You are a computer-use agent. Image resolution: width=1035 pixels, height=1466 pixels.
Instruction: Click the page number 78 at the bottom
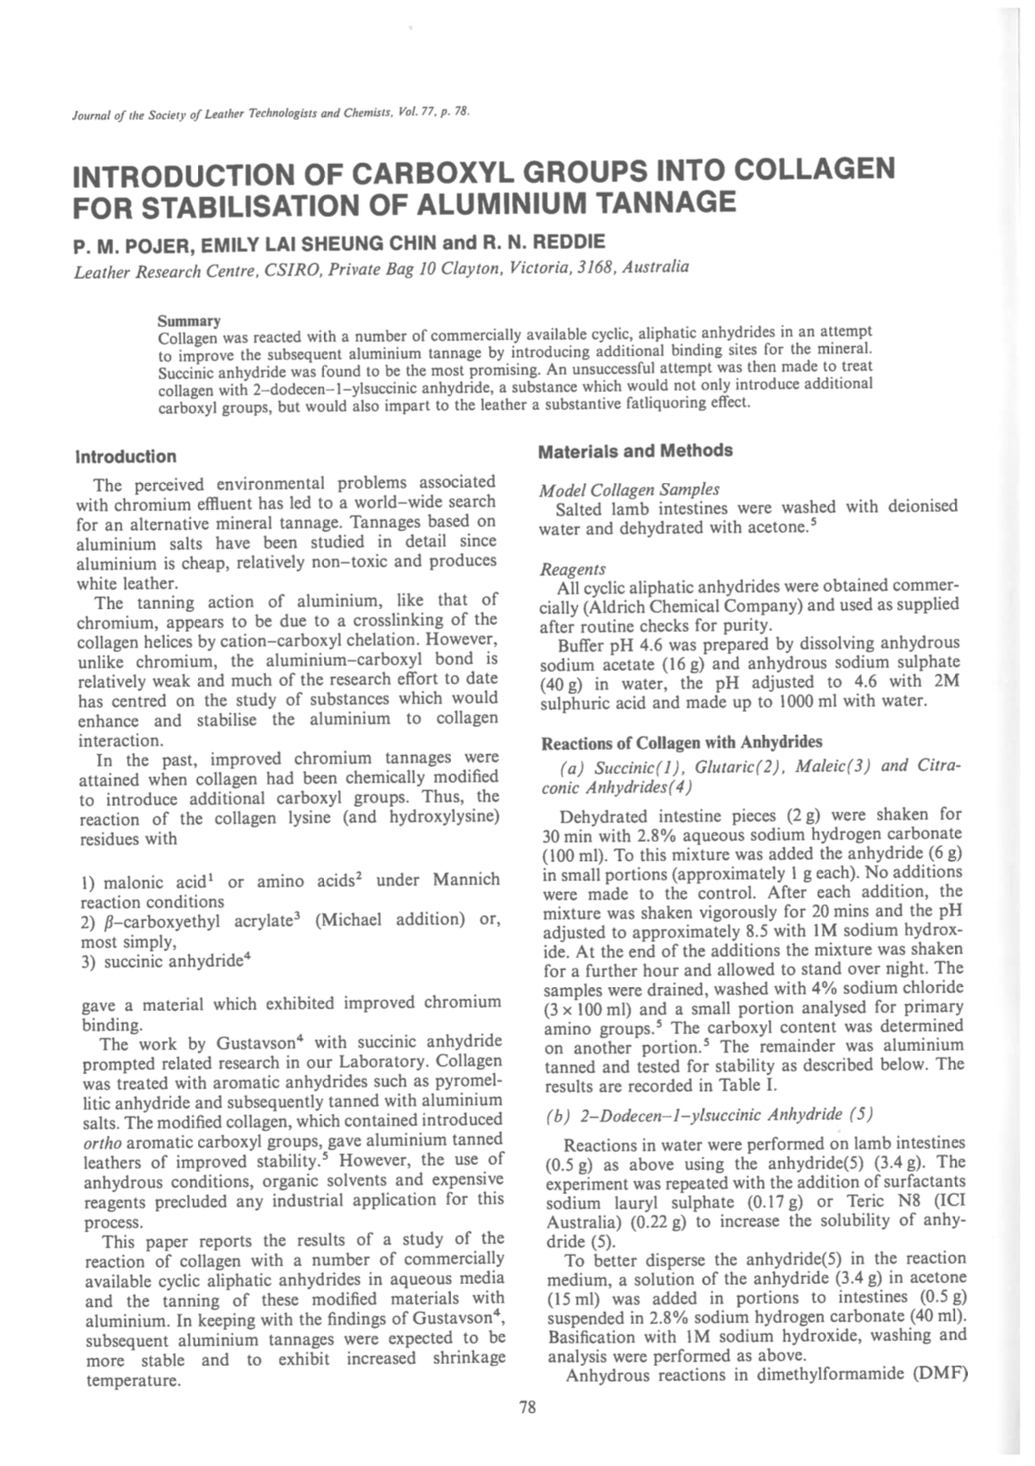(527, 1407)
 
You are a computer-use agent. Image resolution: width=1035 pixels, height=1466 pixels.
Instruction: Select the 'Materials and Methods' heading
(634, 451)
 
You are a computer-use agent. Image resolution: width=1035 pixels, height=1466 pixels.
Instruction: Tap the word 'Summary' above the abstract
(189, 321)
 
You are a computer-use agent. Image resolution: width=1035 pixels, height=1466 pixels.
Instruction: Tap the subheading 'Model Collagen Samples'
(629, 489)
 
